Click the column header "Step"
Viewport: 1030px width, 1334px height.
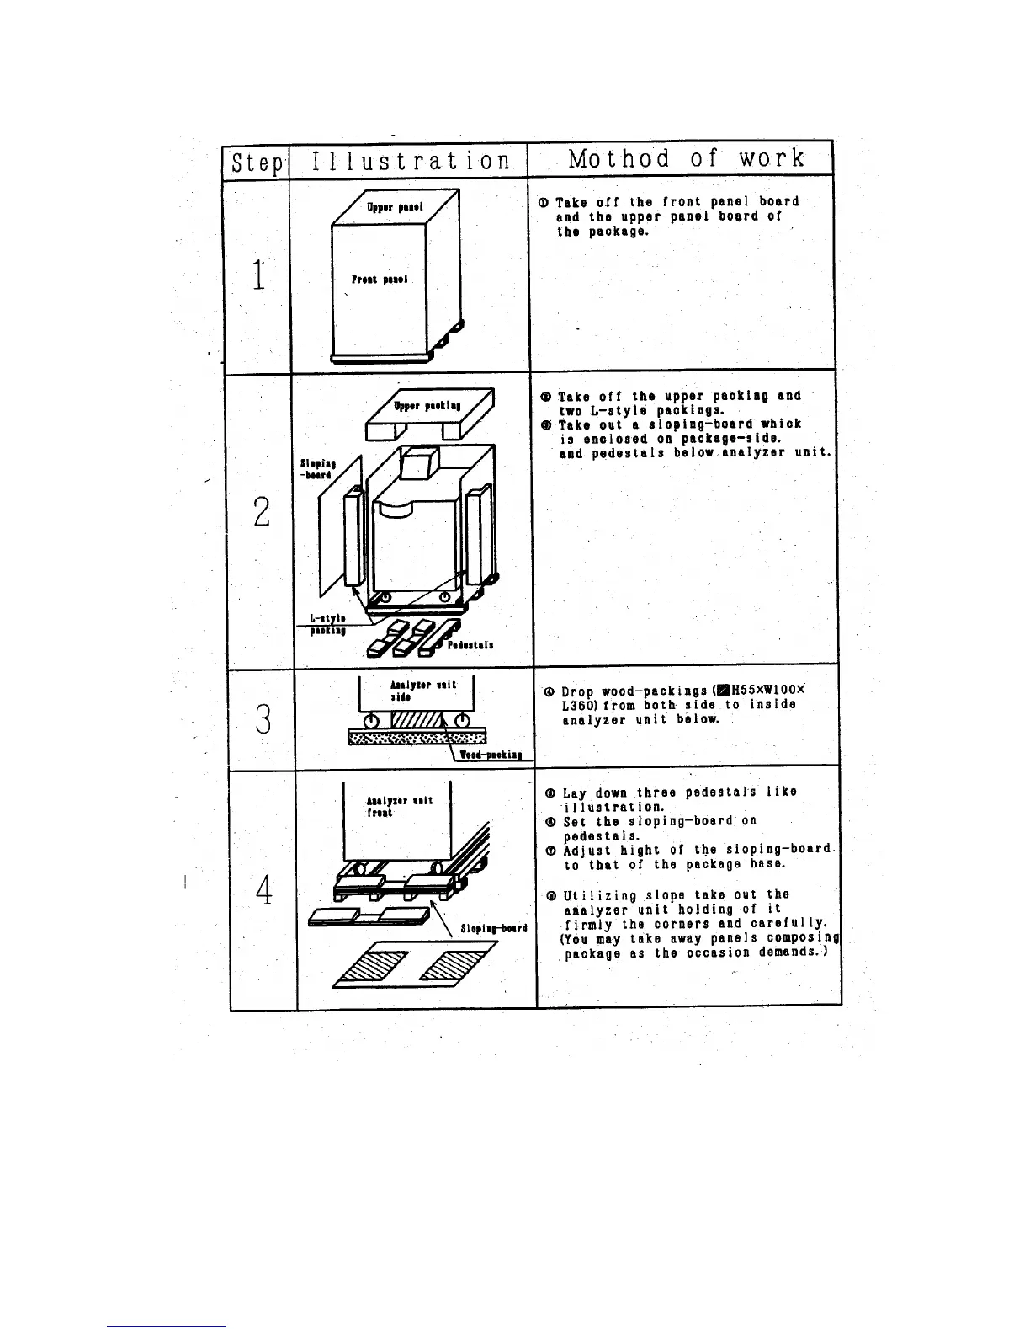[x=257, y=162]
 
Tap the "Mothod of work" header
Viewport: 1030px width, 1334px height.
[x=687, y=158]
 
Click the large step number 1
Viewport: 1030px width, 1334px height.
[x=260, y=275]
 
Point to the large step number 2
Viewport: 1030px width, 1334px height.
[x=262, y=511]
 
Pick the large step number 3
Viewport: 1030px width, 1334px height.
[x=263, y=718]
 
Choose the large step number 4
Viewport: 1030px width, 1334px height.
[x=264, y=889]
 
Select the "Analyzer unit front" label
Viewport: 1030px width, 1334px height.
[x=399, y=807]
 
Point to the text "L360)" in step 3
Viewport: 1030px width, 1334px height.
[x=579, y=705]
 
